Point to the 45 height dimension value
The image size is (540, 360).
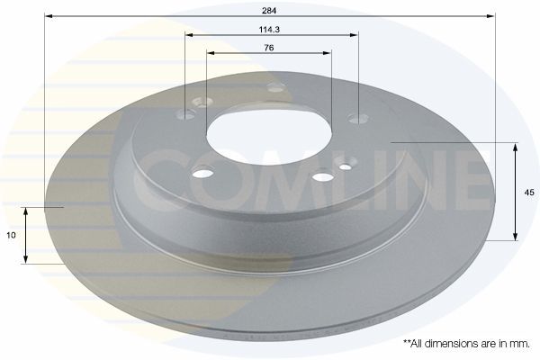coord(529,192)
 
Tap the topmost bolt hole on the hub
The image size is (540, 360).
coord(275,87)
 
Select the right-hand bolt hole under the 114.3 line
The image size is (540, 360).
coord(357,118)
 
